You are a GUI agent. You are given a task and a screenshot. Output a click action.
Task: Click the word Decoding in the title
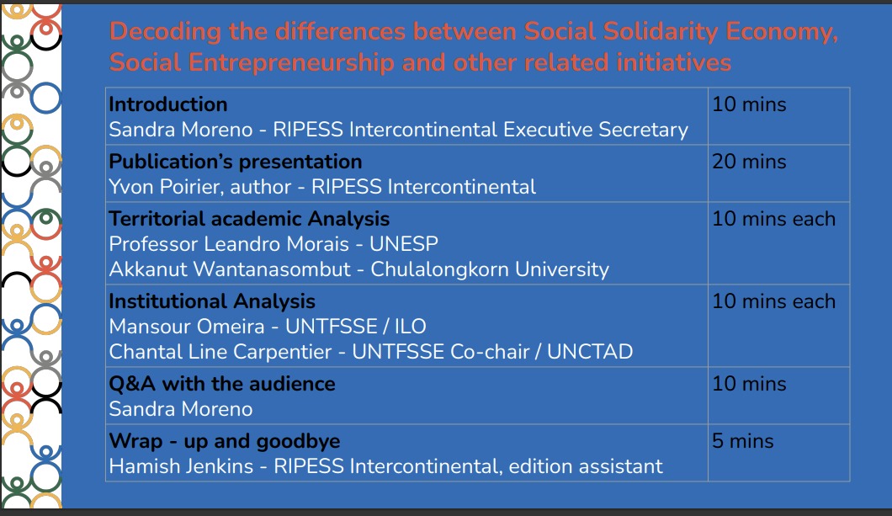coord(165,33)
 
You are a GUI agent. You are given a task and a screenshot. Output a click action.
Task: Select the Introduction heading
coord(168,104)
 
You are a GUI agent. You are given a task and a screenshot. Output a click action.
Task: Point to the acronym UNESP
coord(404,243)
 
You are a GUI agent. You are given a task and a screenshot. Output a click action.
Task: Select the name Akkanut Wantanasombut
coord(230,269)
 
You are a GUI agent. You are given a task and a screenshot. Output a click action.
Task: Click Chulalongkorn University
coord(490,269)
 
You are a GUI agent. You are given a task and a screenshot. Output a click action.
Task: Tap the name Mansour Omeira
coord(187,327)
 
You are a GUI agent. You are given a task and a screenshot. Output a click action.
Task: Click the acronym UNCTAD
coord(590,352)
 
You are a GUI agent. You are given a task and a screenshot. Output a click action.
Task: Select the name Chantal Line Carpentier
coord(220,352)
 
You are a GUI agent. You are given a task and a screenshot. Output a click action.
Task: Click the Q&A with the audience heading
coord(222,384)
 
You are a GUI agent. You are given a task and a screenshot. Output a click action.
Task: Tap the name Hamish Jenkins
coord(181,466)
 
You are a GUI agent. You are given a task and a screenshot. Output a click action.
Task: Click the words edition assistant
coord(586,466)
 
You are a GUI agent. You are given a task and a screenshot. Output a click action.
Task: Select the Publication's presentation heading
coord(236,162)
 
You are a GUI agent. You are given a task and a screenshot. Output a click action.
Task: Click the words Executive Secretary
coord(596,130)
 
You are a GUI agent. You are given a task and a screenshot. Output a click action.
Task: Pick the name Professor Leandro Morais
coord(229,243)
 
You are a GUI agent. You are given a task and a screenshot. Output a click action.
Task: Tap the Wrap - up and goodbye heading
coord(225,441)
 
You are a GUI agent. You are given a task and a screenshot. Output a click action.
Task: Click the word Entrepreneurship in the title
coord(291,63)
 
